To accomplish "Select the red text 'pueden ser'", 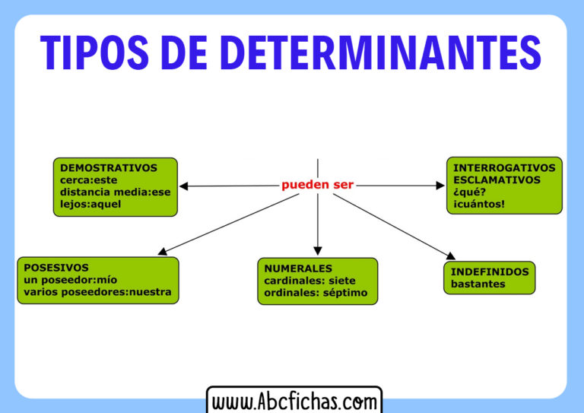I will coord(317,185).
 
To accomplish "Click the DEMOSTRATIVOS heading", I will coord(109,168).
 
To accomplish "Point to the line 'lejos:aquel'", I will coord(90,204).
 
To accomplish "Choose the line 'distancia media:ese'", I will coord(116,192).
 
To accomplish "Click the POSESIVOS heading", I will coord(56,268).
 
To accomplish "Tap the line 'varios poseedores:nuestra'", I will coord(97,291).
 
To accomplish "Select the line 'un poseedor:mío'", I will coord(71,279).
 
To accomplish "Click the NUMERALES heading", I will coord(298,268).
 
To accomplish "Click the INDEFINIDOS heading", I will coord(489,272).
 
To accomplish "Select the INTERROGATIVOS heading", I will coord(504,168).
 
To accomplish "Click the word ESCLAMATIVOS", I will coord(497,180).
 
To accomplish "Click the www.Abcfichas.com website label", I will coord(294,400).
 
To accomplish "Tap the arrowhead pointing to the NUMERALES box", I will coord(318,250).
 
